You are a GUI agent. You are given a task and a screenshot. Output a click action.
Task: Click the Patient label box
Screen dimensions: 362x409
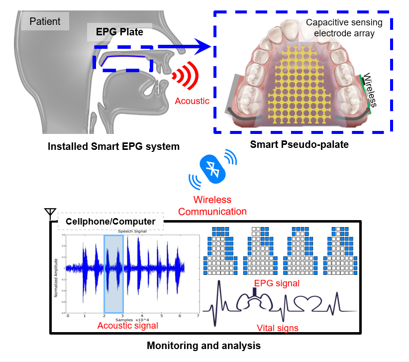(45, 21)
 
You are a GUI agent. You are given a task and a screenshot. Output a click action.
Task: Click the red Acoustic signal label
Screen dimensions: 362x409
(128, 326)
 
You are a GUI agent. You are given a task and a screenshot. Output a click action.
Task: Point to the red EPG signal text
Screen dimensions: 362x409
(277, 283)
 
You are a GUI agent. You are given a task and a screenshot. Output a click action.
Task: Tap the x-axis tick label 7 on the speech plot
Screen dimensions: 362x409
(198, 316)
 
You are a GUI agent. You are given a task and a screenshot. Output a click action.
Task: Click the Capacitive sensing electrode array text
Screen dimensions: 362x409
(344, 27)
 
